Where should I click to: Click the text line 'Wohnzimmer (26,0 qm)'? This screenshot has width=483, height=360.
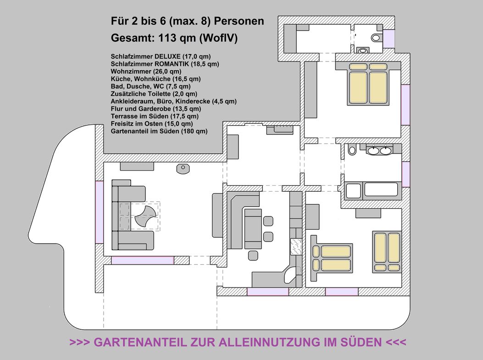pyautogui.click(x=146, y=71)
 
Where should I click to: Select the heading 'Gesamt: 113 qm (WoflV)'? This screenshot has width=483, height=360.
pyautogui.click(x=174, y=39)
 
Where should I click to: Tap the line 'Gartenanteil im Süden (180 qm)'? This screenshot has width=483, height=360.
pyautogui.click(x=159, y=131)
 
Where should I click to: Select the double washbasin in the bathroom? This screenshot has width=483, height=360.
pyautogui.click(x=379, y=150)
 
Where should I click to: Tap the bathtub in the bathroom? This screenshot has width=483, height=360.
pyautogui.click(x=381, y=190)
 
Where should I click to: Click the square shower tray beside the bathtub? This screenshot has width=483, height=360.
pyautogui.click(x=353, y=190)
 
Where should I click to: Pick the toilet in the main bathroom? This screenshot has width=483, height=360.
pyautogui.click(x=352, y=150)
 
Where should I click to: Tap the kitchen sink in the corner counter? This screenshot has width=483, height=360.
pyautogui.click(x=290, y=277)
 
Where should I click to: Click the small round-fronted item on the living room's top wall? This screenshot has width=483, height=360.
pyautogui.click(x=183, y=169)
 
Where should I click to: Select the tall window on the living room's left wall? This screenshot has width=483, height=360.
pyautogui.click(x=100, y=212)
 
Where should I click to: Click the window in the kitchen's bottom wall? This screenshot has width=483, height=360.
pyautogui.click(x=267, y=292)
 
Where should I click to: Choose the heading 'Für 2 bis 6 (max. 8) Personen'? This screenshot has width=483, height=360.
pyautogui.click(x=187, y=21)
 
